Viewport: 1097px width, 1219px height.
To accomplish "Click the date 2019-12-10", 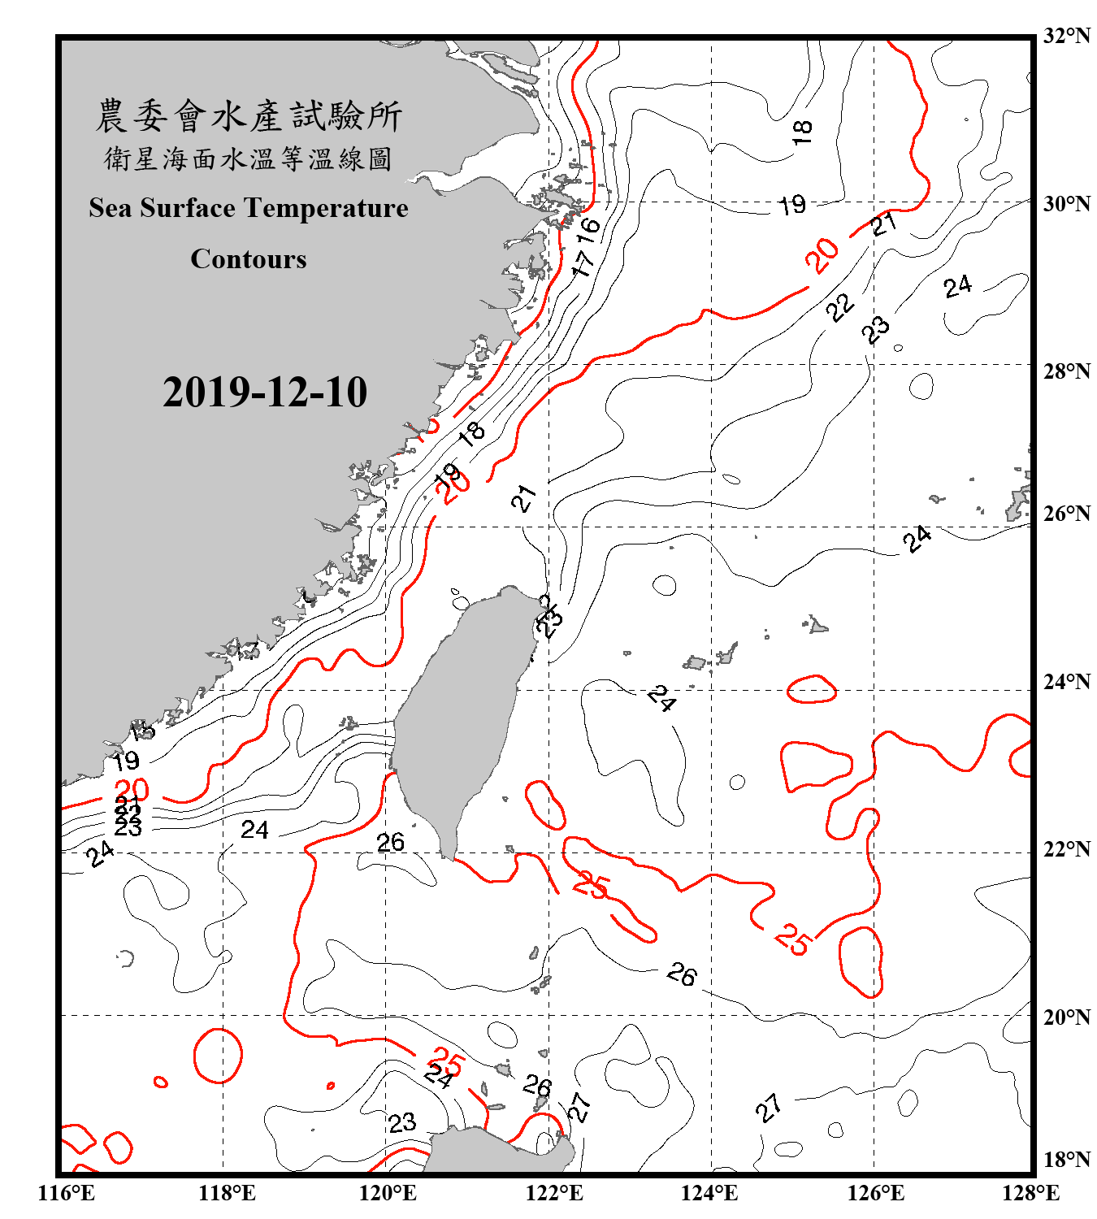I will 265,392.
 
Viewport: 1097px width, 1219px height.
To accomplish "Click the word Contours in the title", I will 249,259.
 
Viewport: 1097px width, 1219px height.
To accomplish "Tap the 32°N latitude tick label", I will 1066,36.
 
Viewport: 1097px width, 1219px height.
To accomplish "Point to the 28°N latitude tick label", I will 1066,371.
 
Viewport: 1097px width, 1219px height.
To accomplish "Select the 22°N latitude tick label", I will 1066,849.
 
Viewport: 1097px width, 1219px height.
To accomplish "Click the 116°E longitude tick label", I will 67,1193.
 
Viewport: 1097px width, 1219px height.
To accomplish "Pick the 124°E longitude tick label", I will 709,1193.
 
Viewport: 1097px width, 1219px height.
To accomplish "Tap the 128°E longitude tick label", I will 1030,1193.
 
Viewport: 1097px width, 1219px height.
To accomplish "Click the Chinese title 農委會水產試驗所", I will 249,116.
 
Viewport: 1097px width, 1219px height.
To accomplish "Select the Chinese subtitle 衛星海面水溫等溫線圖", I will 249,158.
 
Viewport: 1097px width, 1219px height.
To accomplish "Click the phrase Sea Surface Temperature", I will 249,208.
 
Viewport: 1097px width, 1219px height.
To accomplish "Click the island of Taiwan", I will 459,715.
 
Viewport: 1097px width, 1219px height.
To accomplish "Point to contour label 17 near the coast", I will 583,262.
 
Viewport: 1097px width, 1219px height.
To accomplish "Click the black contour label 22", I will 839,307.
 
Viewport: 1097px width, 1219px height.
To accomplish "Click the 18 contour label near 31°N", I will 802,131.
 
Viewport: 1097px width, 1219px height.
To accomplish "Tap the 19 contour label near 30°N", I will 792,205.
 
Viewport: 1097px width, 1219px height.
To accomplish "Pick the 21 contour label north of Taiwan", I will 524,497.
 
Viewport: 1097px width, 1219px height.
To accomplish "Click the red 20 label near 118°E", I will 132,789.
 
